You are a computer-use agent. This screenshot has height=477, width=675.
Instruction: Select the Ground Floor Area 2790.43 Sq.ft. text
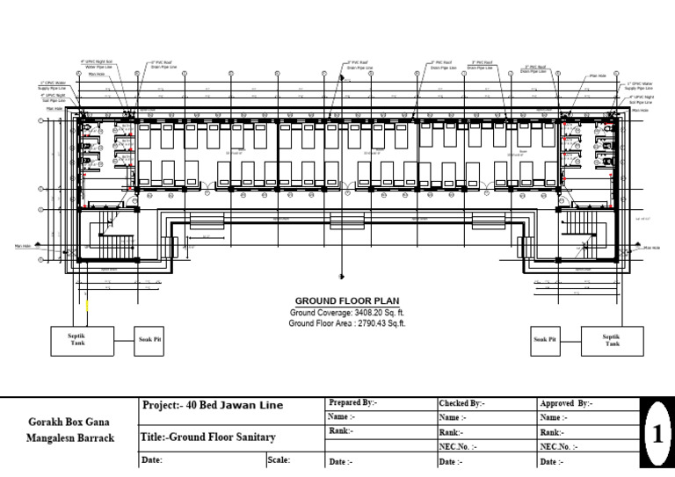coord(347,323)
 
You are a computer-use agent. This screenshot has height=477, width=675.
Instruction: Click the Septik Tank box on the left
coord(77,339)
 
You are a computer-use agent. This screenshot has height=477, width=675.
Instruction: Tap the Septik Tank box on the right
coord(611,339)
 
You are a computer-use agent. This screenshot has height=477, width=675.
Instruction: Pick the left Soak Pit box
coord(149,339)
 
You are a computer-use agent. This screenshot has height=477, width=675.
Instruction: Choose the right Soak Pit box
coord(546,339)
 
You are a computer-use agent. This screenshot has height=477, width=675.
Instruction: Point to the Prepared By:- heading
coord(352,402)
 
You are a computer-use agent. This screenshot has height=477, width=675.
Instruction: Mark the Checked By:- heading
coord(461,402)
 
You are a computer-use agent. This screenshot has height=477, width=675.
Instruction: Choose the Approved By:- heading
coord(566,402)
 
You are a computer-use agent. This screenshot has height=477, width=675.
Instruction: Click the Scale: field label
coord(279,459)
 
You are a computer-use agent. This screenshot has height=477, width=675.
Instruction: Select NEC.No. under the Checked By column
coord(458,446)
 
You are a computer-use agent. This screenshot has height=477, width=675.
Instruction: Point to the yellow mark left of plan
coord(87,307)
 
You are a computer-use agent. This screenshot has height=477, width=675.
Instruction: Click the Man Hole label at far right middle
coord(651,248)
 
